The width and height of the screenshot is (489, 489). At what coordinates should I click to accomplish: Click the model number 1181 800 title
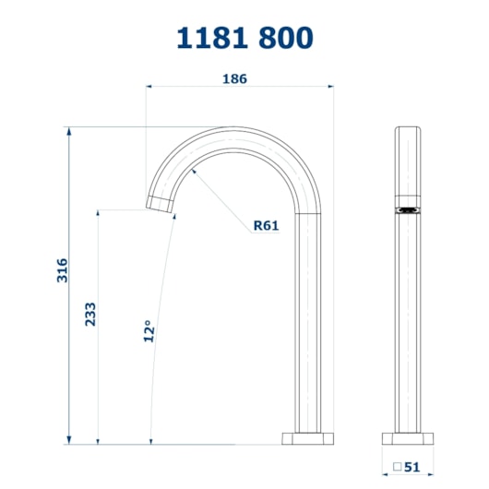coord(244,38)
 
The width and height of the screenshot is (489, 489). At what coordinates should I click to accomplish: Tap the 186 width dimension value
coord(235,79)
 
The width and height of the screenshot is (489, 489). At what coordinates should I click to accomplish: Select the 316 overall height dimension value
coord(62,270)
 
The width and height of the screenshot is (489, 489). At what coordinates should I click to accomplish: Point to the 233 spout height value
coord(90,314)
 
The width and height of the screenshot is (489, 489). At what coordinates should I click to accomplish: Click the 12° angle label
coord(149,331)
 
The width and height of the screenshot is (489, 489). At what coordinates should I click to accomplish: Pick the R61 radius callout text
coord(266,225)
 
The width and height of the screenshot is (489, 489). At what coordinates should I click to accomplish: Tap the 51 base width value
coord(412,467)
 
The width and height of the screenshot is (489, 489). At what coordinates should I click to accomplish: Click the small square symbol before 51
coord(397,467)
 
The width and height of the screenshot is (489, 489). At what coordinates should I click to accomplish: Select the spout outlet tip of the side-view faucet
coord(160,204)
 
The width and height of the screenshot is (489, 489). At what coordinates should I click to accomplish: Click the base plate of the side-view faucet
coord(307,438)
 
